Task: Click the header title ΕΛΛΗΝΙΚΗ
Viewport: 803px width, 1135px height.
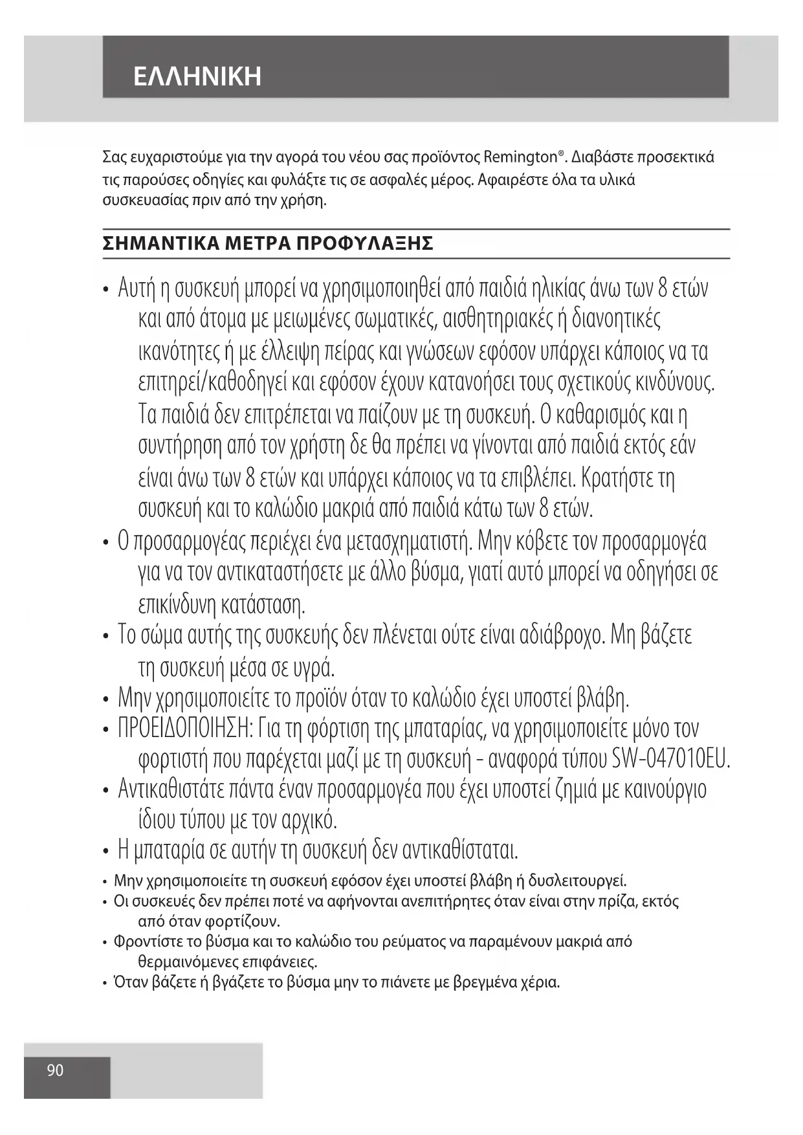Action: [197, 76]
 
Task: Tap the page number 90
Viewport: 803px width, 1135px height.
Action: [56, 1070]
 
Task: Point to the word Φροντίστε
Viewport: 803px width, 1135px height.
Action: [145, 942]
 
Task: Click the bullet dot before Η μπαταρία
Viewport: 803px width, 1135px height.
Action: [105, 850]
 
